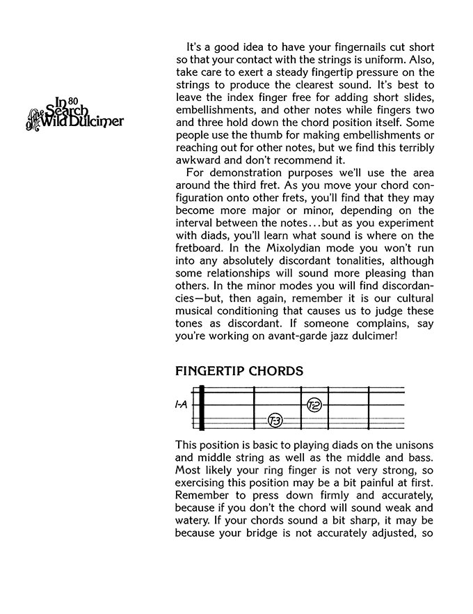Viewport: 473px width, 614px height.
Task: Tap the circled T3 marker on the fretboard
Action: [x=275, y=420]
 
